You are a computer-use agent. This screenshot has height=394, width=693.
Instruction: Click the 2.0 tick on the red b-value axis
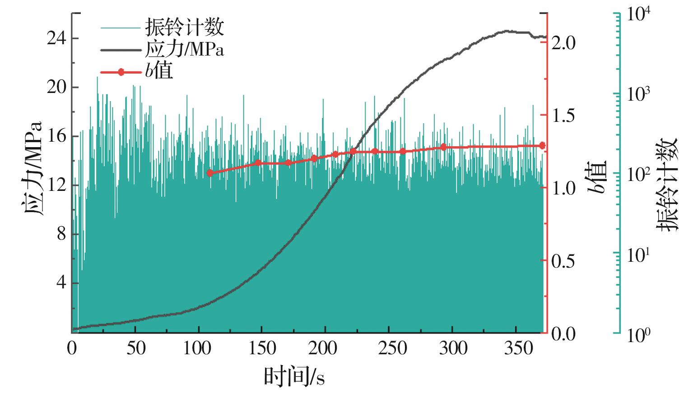tap(563, 42)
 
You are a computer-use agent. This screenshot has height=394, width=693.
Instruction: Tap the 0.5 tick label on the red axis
tap(563, 260)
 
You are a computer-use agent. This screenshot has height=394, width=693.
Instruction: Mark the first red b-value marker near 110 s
tap(209, 173)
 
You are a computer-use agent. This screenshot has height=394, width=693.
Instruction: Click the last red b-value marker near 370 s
tap(542, 145)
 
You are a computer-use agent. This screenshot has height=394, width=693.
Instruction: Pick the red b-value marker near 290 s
tap(443, 147)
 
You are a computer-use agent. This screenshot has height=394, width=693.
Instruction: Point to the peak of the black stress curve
tap(507, 31)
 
